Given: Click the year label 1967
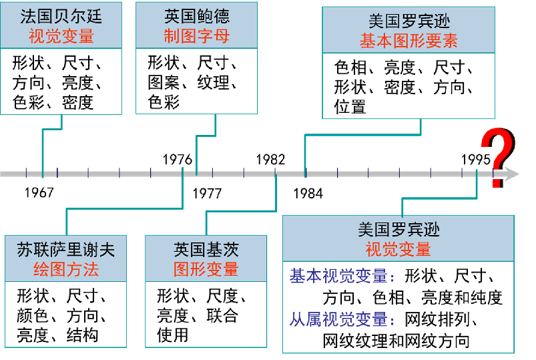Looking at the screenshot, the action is tap(39, 193).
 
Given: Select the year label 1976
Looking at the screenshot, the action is tap(177, 160).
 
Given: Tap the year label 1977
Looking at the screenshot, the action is tap(207, 194).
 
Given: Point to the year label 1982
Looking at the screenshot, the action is tap(270, 160).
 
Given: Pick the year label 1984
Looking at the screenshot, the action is tap(308, 194).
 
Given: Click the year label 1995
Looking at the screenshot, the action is tap(476, 160).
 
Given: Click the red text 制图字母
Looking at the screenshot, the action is tap(196, 35).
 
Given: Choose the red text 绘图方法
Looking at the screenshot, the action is tap(65, 270).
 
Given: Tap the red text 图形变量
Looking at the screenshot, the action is tap(206, 269).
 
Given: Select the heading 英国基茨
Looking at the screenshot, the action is tap(206, 250).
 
